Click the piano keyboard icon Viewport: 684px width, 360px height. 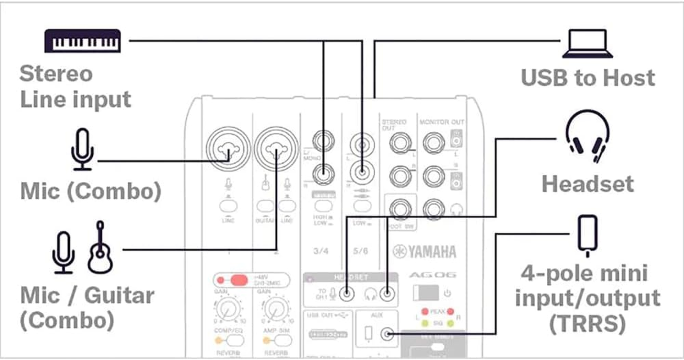[83, 41]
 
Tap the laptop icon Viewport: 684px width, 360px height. [587, 44]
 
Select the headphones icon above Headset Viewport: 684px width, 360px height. [587, 137]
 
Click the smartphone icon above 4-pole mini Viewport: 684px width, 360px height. [588, 235]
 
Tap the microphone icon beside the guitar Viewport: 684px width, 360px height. [63, 252]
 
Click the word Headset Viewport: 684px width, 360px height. [588, 184]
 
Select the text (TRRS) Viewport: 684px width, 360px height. [587, 323]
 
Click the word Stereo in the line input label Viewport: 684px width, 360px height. [56, 73]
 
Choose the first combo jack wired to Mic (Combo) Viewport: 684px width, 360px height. [228, 149]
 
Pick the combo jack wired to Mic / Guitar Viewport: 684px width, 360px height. [276, 149]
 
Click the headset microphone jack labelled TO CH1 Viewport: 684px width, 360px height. [346, 294]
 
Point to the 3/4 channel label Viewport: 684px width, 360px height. [320, 251]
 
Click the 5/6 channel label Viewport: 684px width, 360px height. [360, 251]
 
